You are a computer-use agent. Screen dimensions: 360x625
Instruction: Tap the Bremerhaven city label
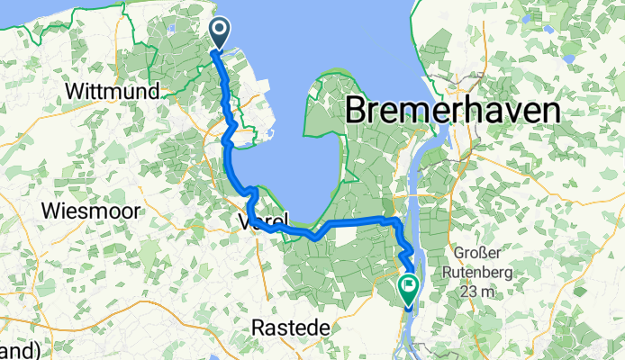453,111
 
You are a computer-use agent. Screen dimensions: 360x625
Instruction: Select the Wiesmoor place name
89,211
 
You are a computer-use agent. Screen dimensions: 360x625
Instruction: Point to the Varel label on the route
264,220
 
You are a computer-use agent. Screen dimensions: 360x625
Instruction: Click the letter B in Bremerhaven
355,111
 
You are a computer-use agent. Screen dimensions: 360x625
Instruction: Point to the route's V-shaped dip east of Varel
313,237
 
